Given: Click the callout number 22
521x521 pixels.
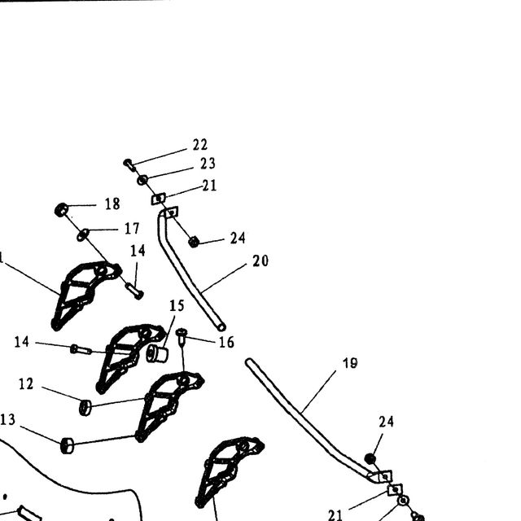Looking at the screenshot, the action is click(x=200, y=145).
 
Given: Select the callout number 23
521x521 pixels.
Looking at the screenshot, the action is click(x=208, y=164).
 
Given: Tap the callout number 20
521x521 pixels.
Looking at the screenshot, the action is click(x=260, y=260).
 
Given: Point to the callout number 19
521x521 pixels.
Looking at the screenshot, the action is click(x=350, y=363).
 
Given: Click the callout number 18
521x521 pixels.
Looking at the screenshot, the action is click(x=112, y=204).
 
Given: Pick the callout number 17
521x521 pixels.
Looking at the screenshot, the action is click(x=132, y=228).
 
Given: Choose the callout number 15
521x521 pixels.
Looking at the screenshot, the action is click(x=177, y=306).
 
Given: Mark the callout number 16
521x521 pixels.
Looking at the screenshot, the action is click(x=226, y=342).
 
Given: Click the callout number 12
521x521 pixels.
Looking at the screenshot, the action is click(x=26, y=384).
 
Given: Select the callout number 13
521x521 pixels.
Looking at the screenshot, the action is click(x=7, y=420).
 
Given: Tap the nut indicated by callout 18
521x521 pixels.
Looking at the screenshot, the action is click(x=62, y=210).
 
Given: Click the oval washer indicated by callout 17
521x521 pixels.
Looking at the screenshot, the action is click(x=83, y=234).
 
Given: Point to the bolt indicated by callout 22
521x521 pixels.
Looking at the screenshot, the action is click(x=129, y=164).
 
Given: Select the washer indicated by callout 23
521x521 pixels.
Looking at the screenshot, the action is click(x=142, y=180).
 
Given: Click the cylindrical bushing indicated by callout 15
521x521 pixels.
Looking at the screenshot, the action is click(x=157, y=354).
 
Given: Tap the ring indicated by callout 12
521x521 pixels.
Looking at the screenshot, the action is click(x=85, y=407).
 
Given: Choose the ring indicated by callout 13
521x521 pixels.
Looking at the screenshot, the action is click(x=68, y=445).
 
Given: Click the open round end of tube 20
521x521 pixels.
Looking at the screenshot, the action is click(x=221, y=327).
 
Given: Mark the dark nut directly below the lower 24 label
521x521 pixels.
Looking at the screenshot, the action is click(x=370, y=459).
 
